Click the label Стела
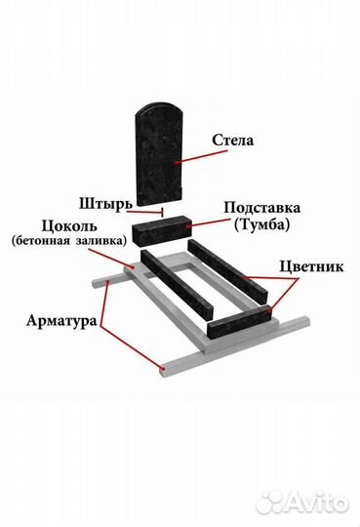click(x=232, y=141)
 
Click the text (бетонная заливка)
click(x=69, y=239)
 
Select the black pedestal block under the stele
click(x=162, y=227)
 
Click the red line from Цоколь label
click(x=123, y=258)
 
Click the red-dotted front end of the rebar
click(x=162, y=370)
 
